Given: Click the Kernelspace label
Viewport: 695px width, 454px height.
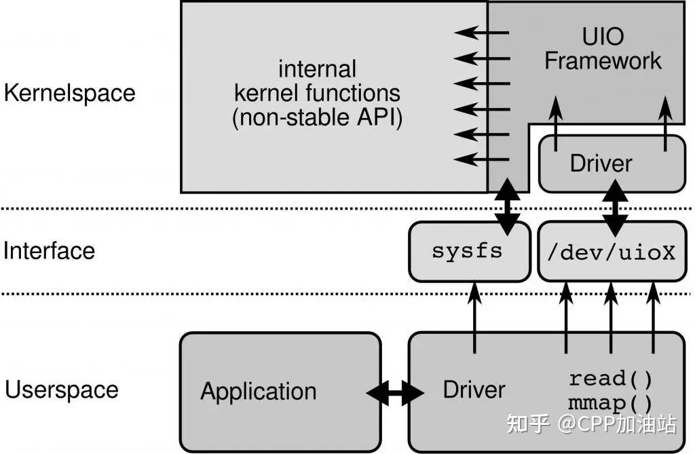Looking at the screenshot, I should tap(69, 93).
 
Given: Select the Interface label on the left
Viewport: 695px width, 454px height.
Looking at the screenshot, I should tap(49, 251).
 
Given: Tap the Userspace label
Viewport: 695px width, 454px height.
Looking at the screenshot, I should tap(62, 390).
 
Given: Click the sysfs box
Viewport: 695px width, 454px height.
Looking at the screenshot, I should tap(468, 251).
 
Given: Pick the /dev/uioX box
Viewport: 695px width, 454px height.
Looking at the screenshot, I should tap(611, 252).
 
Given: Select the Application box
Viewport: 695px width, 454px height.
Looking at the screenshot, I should tap(279, 391).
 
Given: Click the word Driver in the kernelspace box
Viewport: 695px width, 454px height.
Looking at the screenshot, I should tap(600, 164).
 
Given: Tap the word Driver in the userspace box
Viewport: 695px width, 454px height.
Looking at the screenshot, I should tap(474, 390).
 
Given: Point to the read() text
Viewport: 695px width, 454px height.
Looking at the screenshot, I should tap(610, 378).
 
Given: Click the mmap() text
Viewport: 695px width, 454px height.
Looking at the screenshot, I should tap(610, 403).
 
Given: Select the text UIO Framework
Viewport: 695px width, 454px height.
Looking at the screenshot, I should tap(602, 49).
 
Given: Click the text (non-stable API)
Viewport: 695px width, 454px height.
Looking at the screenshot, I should tap(318, 118).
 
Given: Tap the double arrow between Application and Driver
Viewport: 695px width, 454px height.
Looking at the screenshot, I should tap(395, 392).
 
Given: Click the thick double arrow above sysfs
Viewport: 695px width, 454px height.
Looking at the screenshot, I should tap(506, 204).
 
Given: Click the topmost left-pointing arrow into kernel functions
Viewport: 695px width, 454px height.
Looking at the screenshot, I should tap(482, 32).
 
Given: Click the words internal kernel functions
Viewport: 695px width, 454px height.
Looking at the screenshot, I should tap(318, 80).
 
